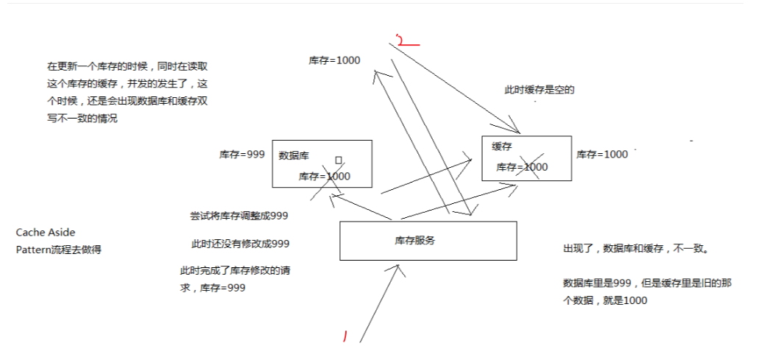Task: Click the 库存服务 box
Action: [428, 241]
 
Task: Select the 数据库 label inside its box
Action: [294, 155]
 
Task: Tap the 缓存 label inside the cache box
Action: [502, 147]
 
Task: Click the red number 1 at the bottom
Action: [344, 336]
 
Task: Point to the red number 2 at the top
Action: [402, 40]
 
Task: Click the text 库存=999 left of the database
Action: [241, 155]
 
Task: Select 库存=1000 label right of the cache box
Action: [601, 154]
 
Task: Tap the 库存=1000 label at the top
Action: [334, 60]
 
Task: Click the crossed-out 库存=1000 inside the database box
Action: [324, 176]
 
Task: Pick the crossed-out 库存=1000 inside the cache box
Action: [522, 167]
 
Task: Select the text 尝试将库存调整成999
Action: [239, 216]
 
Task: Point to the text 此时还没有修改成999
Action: [240, 244]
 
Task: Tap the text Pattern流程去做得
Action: [58, 250]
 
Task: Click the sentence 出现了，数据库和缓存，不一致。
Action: [635, 250]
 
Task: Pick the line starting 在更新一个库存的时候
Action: [129, 66]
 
